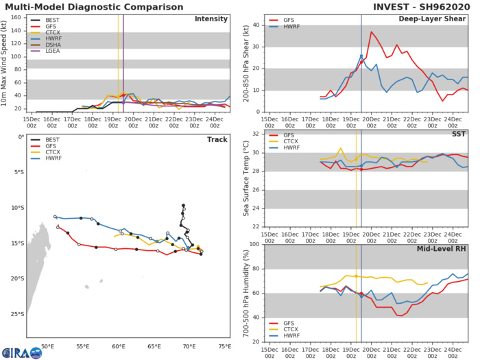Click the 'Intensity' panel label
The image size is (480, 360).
(211, 19)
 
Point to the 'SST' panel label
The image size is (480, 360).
(457, 134)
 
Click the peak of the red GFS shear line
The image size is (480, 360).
(372, 32)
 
